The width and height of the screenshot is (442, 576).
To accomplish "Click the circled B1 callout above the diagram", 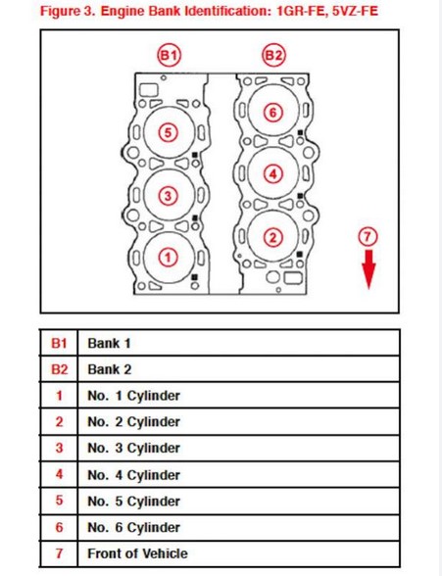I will [170, 56].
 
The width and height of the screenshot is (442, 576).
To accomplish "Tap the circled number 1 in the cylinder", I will [168, 258].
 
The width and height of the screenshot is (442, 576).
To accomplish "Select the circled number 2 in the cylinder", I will [274, 236].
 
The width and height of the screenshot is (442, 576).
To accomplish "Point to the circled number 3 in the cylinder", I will [168, 195].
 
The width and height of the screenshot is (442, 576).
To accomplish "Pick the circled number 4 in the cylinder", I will [274, 174].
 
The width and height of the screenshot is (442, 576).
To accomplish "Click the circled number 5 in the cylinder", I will [168, 132].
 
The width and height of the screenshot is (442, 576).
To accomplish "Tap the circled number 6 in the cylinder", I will [274, 112].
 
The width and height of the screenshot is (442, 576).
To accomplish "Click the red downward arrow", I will [368, 269].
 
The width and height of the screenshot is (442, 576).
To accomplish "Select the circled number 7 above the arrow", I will [368, 237].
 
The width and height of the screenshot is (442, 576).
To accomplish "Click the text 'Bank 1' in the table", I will [109, 343].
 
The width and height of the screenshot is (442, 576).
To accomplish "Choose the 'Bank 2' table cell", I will [109, 369].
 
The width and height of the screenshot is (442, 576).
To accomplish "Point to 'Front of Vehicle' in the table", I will [137, 553].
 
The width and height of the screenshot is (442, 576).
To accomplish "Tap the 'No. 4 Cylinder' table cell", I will [133, 475].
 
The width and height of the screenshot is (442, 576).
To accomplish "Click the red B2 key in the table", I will [59, 369].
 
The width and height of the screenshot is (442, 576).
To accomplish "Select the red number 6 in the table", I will [59, 527].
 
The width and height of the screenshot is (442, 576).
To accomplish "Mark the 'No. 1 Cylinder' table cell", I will [133, 396].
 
